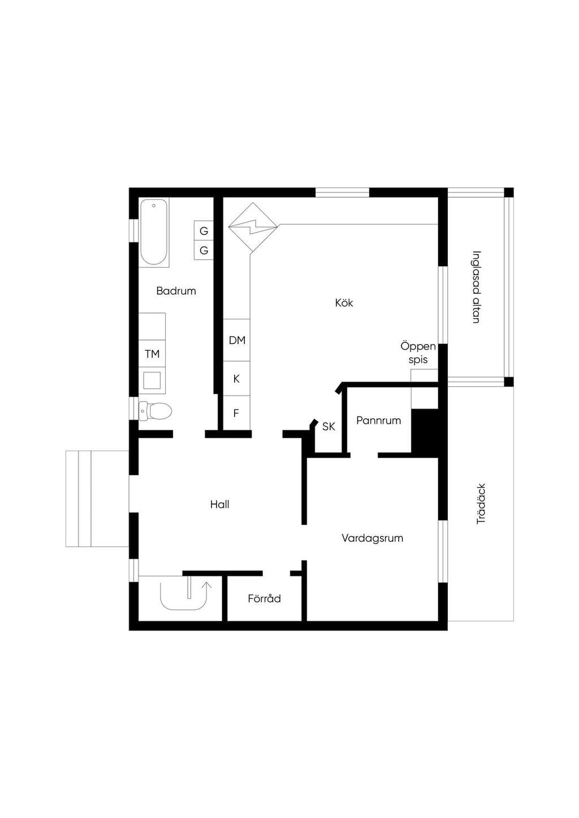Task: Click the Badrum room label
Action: click(x=176, y=291)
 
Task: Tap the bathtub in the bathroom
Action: click(x=154, y=232)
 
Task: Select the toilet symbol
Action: click(x=155, y=411)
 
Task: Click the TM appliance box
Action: click(x=152, y=354)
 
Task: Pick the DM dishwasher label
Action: click(x=237, y=340)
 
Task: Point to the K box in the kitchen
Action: click(x=236, y=378)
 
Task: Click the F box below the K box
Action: click(x=236, y=412)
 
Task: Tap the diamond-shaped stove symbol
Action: click(x=253, y=227)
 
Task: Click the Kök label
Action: click(x=344, y=303)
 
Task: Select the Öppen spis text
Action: click(x=418, y=353)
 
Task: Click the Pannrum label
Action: click(x=379, y=420)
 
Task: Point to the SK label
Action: click(x=329, y=426)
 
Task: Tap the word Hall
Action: click(x=220, y=504)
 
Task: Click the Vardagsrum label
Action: click(x=373, y=538)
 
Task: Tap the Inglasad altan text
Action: click(x=476, y=287)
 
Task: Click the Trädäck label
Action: click(x=481, y=504)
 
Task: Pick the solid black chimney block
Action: click(x=425, y=433)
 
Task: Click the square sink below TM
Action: click(x=152, y=381)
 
